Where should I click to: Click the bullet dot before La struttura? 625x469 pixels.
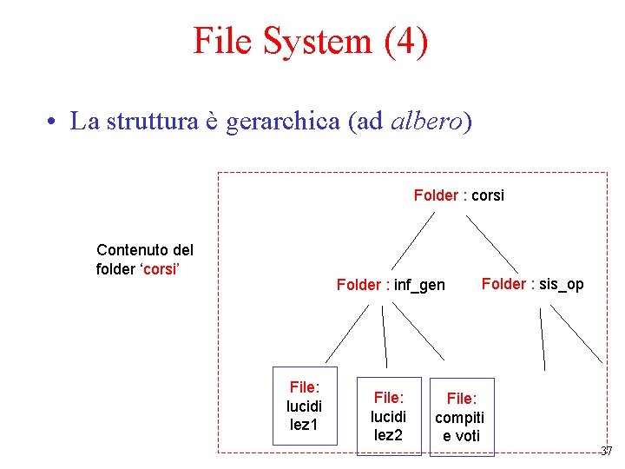53,122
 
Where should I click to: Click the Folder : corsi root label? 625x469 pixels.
458,195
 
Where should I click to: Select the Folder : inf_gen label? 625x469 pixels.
391,285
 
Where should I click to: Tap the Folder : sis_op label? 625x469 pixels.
532,284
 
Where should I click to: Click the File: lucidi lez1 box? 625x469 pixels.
305,406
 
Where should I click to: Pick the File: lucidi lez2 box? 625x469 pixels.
388,416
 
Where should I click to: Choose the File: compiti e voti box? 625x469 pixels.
461,417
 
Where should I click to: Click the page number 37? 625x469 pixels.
606,451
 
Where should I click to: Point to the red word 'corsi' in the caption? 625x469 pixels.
160,269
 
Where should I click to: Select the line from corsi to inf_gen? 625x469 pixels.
412,241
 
